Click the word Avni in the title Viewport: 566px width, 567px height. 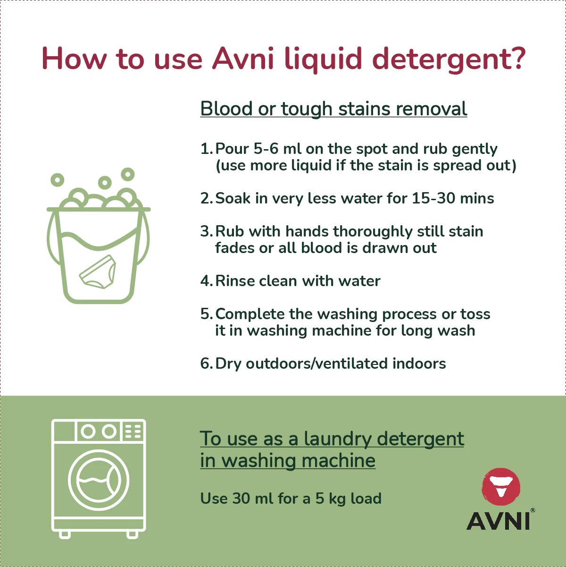[x=243, y=59]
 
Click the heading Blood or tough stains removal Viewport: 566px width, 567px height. [x=333, y=109]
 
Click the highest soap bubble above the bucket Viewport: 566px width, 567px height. [x=128, y=174]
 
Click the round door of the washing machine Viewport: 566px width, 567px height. [x=98, y=480]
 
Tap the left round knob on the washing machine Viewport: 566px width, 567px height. [x=88, y=432]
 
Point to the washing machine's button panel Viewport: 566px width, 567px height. [x=133, y=432]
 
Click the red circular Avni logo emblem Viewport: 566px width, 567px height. [x=501, y=487]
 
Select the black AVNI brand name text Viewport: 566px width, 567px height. [x=498, y=521]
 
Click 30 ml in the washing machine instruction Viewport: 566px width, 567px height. [x=252, y=499]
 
